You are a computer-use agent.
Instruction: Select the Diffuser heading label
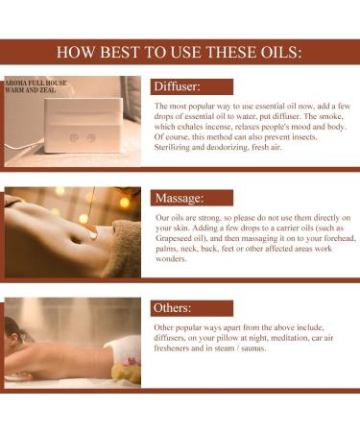177,87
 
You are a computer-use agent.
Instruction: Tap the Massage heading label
180,199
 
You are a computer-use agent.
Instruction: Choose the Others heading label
174,309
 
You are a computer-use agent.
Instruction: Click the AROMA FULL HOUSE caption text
38,84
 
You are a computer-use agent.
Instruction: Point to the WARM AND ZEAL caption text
35,93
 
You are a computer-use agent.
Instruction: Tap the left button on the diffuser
73,137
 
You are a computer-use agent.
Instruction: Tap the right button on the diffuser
91,137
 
